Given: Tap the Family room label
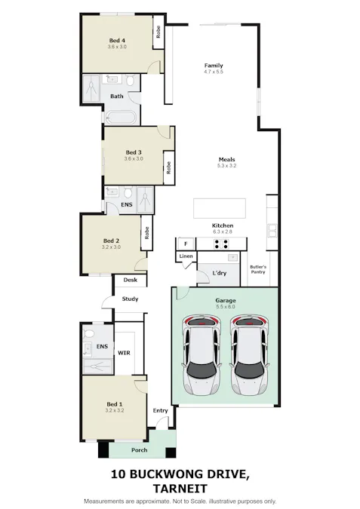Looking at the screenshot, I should point(214,66).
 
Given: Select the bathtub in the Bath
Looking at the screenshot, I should point(119,118).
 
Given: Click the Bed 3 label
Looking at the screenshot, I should point(134,152).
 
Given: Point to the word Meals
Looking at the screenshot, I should point(227,159).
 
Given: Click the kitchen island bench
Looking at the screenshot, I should point(219,207).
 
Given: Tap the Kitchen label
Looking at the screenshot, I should point(222,225).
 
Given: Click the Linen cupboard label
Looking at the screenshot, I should point(186,257).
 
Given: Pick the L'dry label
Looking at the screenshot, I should point(220,272).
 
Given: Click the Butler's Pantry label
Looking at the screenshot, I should point(258,270).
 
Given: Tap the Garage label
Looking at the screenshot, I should point(226,300).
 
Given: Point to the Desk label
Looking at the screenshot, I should point(130,280).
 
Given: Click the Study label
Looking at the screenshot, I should point(130,299).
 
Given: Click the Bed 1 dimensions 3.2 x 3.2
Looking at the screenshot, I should point(115,412).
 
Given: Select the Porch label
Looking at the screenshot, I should point(139,451).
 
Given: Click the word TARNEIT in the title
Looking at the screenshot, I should point(180,488).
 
